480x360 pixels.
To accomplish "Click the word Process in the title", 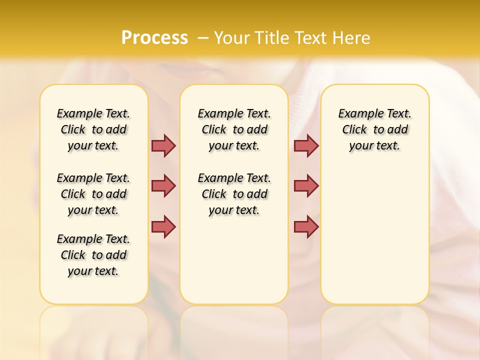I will click(x=154, y=37).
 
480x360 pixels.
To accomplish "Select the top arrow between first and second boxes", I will click(x=163, y=145).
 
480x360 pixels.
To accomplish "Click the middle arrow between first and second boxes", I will click(x=163, y=186).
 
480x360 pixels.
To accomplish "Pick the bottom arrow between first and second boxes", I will click(x=163, y=226).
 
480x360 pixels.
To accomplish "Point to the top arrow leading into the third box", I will click(x=306, y=145).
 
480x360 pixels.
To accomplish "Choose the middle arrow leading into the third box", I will click(x=306, y=186).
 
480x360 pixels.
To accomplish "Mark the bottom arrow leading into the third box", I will click(x=306, y=226).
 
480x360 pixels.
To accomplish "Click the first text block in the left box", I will click(x=93, y=129).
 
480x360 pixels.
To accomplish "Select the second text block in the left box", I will click(x=93, y=194).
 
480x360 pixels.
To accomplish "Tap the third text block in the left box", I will click(x=93, y=255).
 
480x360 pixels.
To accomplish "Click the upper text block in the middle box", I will click(x=234, y=129).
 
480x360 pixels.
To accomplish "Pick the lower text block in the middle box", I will click(x=234, y=194).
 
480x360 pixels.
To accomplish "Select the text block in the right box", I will click(x=374, y=129).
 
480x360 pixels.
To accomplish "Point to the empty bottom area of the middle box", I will click(x=234, y=265).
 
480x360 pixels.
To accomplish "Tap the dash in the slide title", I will click(x=203, y=37).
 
